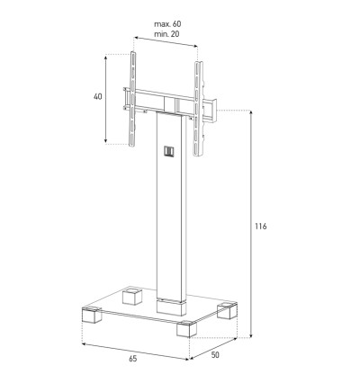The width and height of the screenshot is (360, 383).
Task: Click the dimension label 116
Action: pos(261,227)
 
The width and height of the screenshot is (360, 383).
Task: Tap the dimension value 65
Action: pos(133,358)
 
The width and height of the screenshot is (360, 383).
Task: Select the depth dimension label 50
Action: pos(215,355)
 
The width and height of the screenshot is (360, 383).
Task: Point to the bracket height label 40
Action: pos(98,96)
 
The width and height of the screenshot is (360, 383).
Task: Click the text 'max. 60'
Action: pos(167,23)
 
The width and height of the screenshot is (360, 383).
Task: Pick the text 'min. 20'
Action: pos(166,34)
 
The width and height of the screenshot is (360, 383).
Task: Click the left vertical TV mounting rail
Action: pos(132,99)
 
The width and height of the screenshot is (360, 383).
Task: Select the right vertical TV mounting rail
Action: pos(198,109)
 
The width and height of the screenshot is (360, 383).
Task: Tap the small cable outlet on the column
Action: pos(169,151)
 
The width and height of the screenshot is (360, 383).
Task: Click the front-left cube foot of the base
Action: pos(92,315)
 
